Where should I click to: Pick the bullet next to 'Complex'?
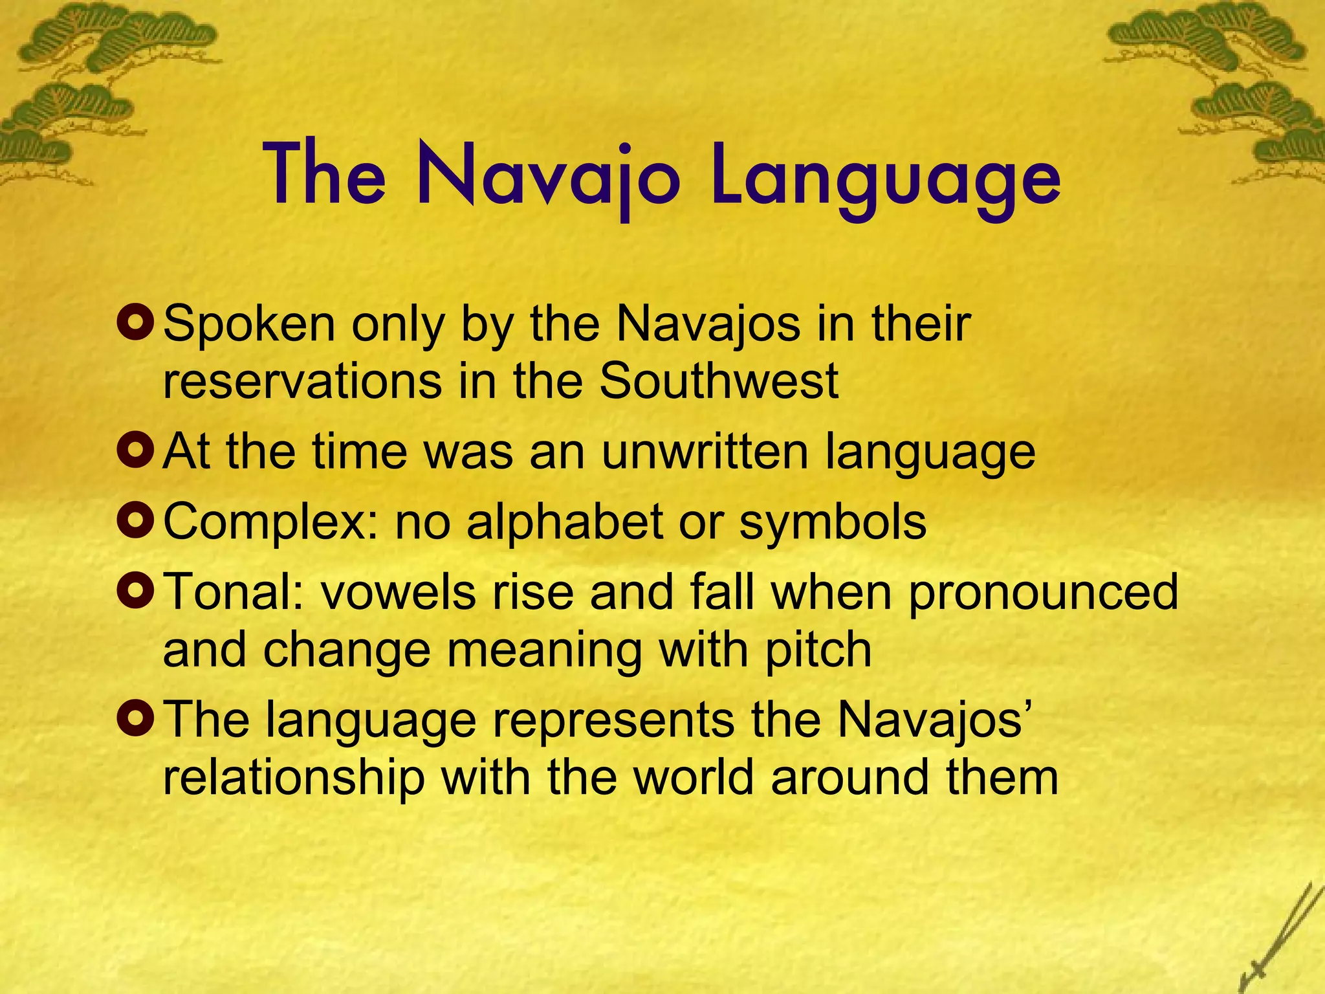coord(136,521)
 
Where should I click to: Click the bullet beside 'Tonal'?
coord(136,591)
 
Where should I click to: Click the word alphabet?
coord(564,521)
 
